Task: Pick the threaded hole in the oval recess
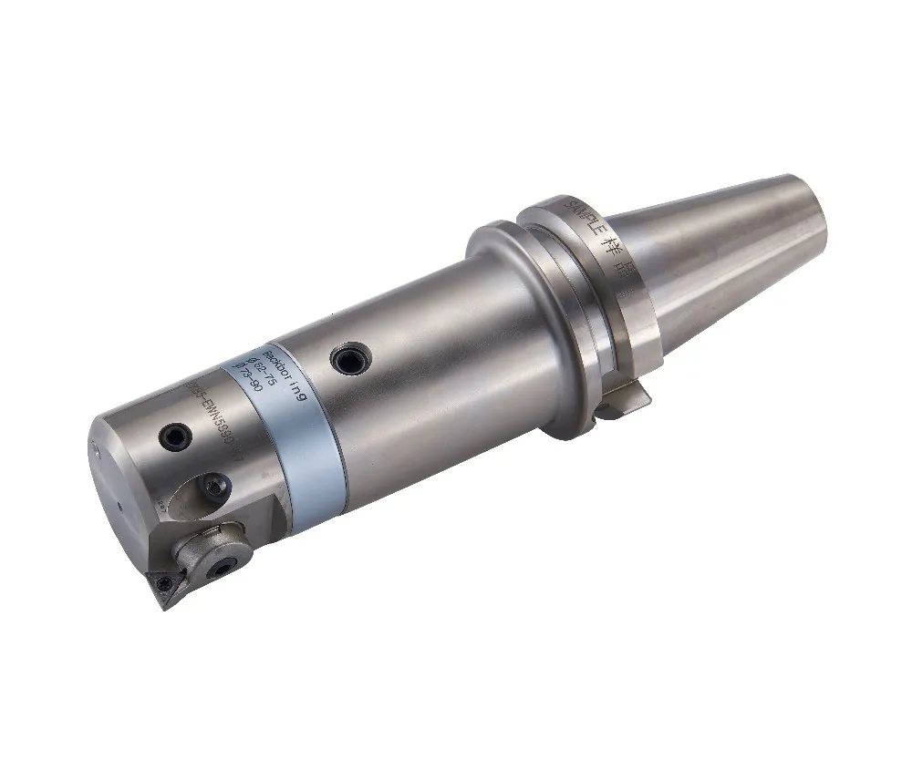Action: pyautogui.click(x=219, y=489)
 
